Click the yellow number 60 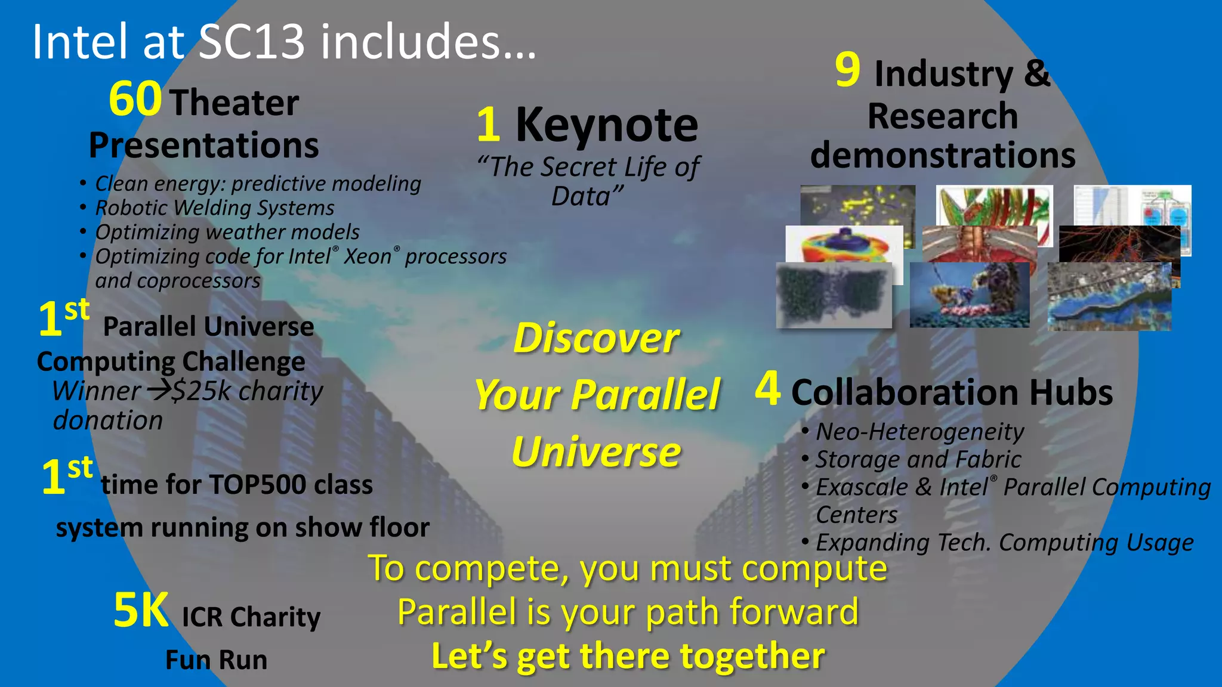pos(135,100)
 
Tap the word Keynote pos(606,125)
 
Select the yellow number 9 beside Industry pos(847,70)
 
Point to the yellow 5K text pos(141,610)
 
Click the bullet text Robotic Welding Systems pos(215,208)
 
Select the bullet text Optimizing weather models pos(227,232)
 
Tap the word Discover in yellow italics pos(595,338)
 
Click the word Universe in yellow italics pos(595,452)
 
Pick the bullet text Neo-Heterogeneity pos(919,431)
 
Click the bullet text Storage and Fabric pos(918,459)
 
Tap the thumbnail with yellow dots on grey pos(857,206)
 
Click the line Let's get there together pos(628,656)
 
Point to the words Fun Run pos(216,660)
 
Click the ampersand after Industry pos(1037,73)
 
